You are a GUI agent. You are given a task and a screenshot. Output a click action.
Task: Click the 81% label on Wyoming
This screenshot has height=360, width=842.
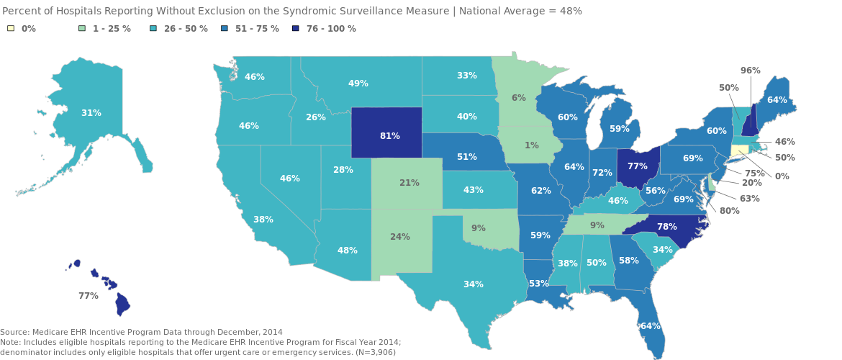click(389, 136)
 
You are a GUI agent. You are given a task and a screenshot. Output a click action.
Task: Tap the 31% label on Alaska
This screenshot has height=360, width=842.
click(91, 113)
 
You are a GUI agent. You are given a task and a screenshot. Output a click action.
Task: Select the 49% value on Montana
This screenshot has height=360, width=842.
click(358, 84)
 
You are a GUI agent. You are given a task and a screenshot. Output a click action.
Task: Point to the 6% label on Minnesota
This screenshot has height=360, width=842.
click(518, 98)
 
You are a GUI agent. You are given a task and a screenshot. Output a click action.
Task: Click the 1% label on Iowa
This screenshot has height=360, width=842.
click(531, 145)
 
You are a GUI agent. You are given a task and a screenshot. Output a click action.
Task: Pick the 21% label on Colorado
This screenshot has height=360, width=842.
click(409, 183)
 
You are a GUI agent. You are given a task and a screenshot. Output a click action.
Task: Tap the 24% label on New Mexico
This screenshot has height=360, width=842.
click(399, 237)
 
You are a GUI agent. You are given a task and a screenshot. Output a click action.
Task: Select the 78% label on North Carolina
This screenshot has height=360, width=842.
click(666, 227)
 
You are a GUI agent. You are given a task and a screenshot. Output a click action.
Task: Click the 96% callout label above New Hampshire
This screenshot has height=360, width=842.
click(751, 71)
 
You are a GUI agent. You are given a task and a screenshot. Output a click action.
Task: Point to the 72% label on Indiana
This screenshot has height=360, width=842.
click(602, 173)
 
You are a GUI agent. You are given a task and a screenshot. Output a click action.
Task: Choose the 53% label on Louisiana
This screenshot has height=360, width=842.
click(538, 284)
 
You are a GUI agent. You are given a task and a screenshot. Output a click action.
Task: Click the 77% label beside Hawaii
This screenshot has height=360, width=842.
click(88, 296)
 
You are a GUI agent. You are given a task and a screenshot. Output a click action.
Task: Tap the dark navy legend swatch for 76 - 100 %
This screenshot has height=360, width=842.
click(296, 29)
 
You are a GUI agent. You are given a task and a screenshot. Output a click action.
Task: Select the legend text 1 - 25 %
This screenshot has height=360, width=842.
click(112, 29)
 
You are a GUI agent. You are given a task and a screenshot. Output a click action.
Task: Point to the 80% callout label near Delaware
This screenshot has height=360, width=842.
click(729, 211)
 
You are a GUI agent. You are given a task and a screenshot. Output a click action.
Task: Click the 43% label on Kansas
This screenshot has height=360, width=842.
click(473, 190)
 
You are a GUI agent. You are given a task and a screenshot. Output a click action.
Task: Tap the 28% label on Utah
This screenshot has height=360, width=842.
click(343, 170)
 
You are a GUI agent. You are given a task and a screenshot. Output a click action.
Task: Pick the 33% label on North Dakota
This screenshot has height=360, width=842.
click(466, 76)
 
